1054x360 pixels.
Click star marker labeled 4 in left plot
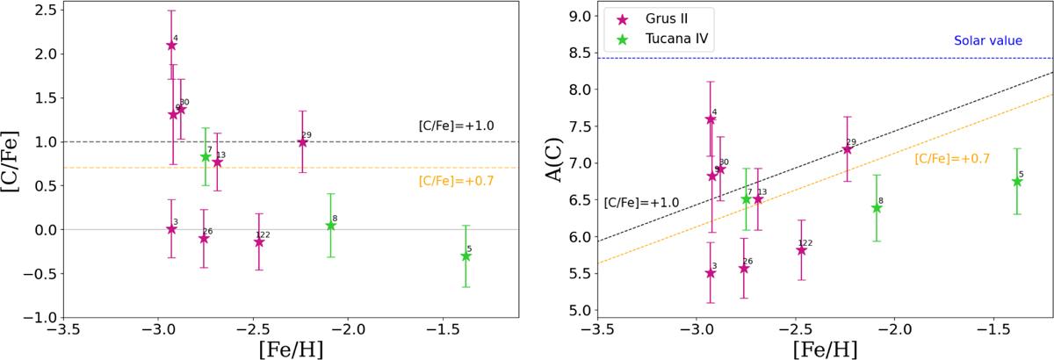(172, 46)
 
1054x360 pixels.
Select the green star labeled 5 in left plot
(466, 256)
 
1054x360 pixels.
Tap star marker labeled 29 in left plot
(302, 142)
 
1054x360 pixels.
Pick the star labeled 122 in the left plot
(259, 241)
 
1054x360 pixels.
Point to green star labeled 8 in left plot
(330, 226)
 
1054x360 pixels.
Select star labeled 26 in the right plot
(744, 268)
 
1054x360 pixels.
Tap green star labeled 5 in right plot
(1017, 181)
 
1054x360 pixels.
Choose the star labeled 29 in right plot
(848, 149)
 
